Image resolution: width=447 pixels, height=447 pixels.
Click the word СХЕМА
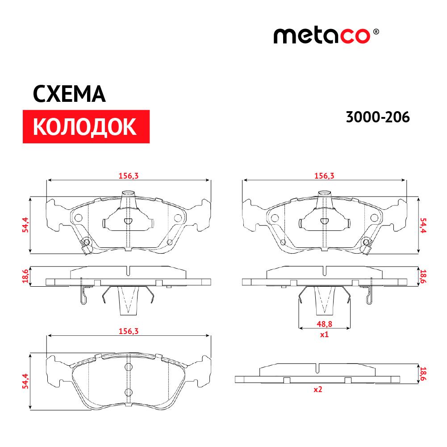click(x=69, y=94)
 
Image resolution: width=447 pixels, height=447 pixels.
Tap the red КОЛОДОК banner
click(x=86, y=126)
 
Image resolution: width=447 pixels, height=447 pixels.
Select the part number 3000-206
click(x=378, y=117)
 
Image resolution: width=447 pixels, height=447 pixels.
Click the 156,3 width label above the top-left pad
click(x=129, y=176)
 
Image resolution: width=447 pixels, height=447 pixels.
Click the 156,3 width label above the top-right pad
click(x=324, y=176)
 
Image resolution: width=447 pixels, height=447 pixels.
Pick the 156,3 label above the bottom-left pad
click(x=129, y=331)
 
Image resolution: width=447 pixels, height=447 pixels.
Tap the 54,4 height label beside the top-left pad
click(x=25, y=225)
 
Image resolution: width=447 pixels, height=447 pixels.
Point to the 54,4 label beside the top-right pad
click(x=423, y=226)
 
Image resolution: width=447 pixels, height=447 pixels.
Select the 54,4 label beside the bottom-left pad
click(x=25, y=381)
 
